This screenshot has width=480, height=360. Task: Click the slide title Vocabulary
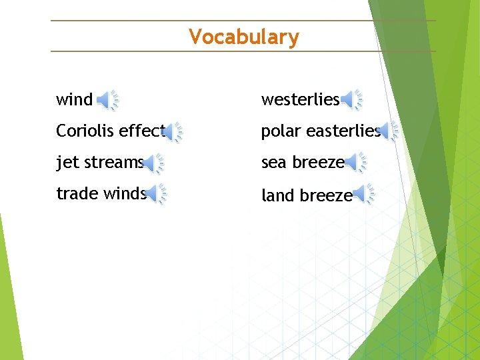tap(243, 37)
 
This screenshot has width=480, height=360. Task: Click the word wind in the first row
tap(74, 100)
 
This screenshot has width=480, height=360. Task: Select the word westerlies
tap(300, 100)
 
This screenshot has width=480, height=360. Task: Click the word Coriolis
tap(83, 131)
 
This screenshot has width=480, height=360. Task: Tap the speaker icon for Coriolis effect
tap(173, 132)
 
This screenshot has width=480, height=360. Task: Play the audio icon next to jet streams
tap(154, 163)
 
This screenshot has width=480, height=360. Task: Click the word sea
tap(273, 163)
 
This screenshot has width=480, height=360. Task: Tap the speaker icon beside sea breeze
tap(357, 163)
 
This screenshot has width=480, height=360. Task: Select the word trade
tap(77, 194)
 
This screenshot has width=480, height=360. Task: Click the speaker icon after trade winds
tap(156, 194)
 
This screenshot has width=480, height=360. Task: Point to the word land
tap(276, 195)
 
